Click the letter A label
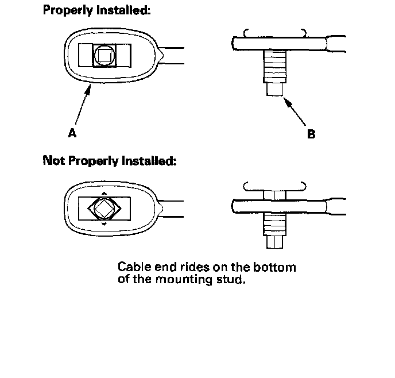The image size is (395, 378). point(72,133)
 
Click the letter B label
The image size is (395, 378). point(311,134)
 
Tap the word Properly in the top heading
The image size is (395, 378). point(67,11)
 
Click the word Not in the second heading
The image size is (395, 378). point(55,161)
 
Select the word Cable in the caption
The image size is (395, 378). point(133,268)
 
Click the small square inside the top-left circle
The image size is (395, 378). point(104,56)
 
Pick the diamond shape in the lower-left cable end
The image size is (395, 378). point(103,207)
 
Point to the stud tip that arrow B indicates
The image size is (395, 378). point(274,90)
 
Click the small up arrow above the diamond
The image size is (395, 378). point(103,192)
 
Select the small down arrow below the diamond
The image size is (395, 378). point(103,223)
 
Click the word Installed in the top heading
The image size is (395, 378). point(122,11)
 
